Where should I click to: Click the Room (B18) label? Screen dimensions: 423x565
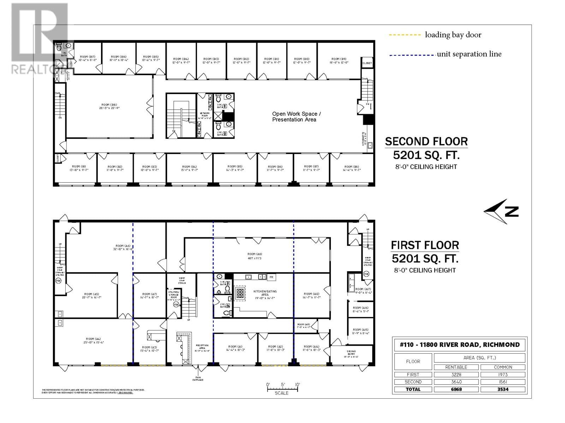tap(109, 106)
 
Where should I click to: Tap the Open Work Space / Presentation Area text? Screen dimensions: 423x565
tap(296, 117)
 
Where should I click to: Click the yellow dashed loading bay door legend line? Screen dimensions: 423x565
tap(404, 35)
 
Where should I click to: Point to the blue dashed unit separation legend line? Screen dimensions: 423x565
tap(412, 55)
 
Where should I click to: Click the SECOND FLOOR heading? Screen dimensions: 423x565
tap(426, 141)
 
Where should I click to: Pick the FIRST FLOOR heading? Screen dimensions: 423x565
tap(425, 245)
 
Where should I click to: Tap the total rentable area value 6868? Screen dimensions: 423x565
tap(456, 389)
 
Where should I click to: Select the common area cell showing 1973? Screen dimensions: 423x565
tap(502, 374)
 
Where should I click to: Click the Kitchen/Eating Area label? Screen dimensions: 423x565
tap(265, 293)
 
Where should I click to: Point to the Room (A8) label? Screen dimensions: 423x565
tap(254, 256)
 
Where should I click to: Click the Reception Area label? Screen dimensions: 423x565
tap(202, 348)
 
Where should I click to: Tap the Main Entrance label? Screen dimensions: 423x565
tap(198, 378)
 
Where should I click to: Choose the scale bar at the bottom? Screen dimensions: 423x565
tap(282, 389)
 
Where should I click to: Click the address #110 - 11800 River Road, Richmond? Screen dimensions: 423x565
tap(459, 345)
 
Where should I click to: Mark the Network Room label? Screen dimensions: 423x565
tap(204, 116)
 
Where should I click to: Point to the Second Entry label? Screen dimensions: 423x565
tap(351, 354)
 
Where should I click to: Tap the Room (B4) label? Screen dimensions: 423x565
tap(189, 168)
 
